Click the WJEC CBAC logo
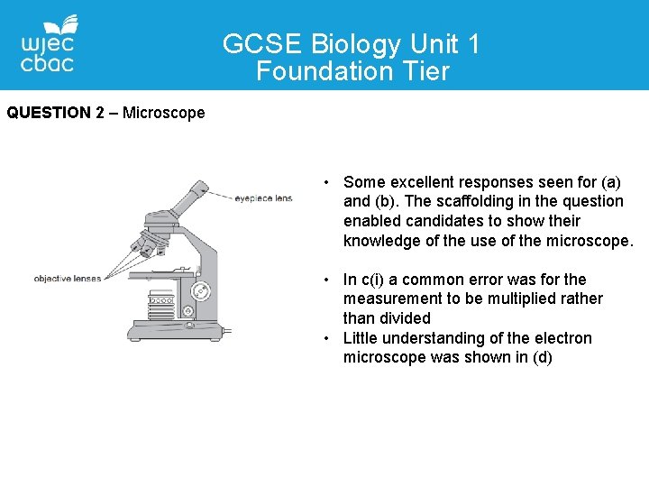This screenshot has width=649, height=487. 49,44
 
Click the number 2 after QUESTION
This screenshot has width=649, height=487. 99,113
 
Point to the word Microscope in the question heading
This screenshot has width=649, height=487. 163,113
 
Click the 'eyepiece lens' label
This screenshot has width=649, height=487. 263,198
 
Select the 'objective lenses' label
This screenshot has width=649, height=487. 67,279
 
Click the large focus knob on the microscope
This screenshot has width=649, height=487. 200,290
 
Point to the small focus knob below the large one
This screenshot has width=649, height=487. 187,311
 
